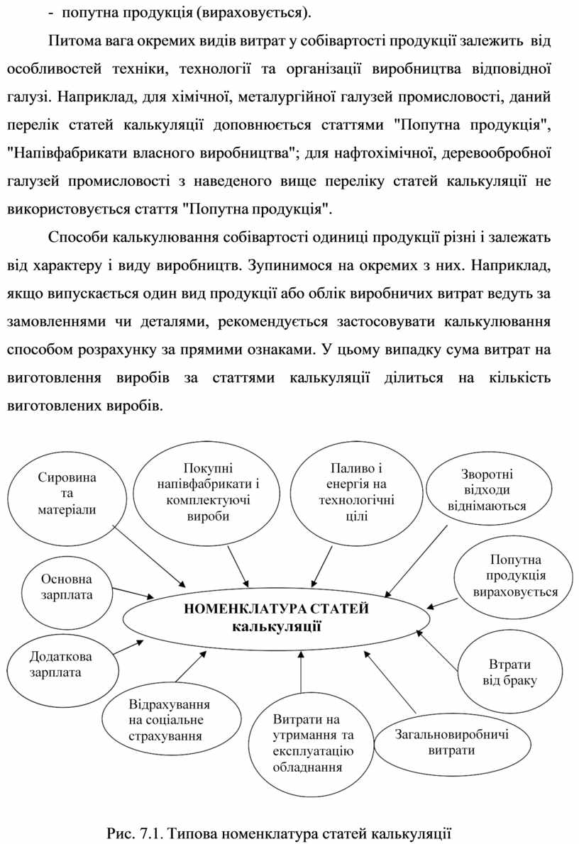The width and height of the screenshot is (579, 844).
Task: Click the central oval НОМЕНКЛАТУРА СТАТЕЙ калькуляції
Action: coord(276,616)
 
